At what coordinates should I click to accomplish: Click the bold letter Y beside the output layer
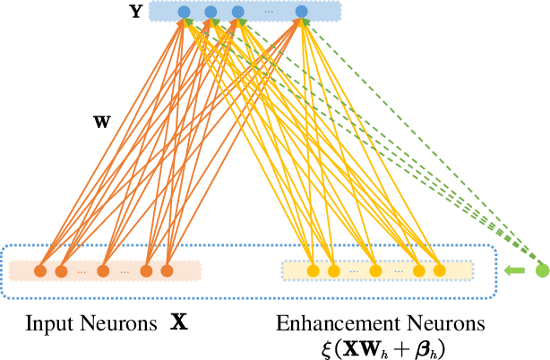pos(134,12)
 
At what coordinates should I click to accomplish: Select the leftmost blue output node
pos(184,12)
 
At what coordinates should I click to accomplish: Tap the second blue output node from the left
pos(211,12)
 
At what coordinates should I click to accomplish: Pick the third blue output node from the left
pos(237,12)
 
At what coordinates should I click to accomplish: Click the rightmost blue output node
pos(302,12)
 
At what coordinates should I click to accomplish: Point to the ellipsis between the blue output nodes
pos(270,13)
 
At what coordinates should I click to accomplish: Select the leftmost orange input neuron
pos(40,270)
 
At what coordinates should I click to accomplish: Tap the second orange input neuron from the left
pos(62,270)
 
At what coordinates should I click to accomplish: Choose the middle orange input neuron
pos(103,270)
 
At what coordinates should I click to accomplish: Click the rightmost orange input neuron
pos(167,270)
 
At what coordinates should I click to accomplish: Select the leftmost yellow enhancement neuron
pos(313,270)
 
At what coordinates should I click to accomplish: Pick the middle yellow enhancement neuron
pos(375,270)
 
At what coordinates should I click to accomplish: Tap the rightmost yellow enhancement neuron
pos(439,270)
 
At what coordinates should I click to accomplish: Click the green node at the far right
pos(541,270)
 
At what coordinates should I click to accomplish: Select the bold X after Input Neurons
pos(179,321)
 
